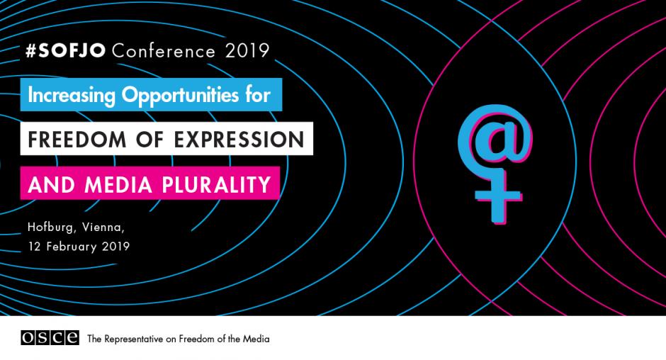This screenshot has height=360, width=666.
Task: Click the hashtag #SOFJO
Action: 65,50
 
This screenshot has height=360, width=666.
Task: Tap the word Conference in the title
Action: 164,51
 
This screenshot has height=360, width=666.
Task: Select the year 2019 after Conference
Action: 247,51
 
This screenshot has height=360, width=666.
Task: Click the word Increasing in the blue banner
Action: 72,95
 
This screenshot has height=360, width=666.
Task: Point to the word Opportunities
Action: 180,96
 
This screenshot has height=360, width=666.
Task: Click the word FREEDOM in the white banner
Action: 77,140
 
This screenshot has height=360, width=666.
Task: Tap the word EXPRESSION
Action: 239,140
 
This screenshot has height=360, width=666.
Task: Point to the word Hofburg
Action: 50,227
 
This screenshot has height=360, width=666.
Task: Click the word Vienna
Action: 103,227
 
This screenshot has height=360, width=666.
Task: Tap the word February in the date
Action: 72,247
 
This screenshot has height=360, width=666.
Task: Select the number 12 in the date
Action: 35,247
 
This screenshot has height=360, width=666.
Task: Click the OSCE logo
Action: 50,337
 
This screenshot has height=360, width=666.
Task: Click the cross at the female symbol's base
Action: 498,196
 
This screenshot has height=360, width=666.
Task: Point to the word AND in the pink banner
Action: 52,184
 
